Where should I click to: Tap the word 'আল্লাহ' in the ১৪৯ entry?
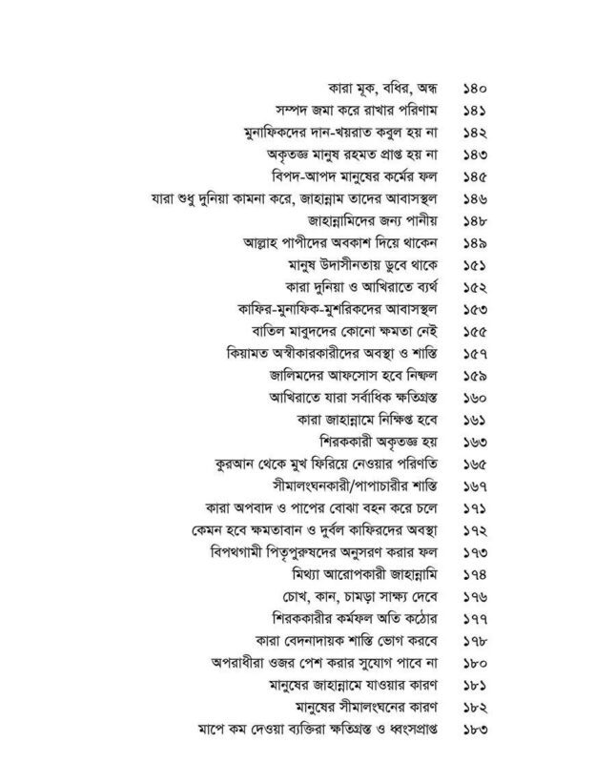point(251,243)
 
